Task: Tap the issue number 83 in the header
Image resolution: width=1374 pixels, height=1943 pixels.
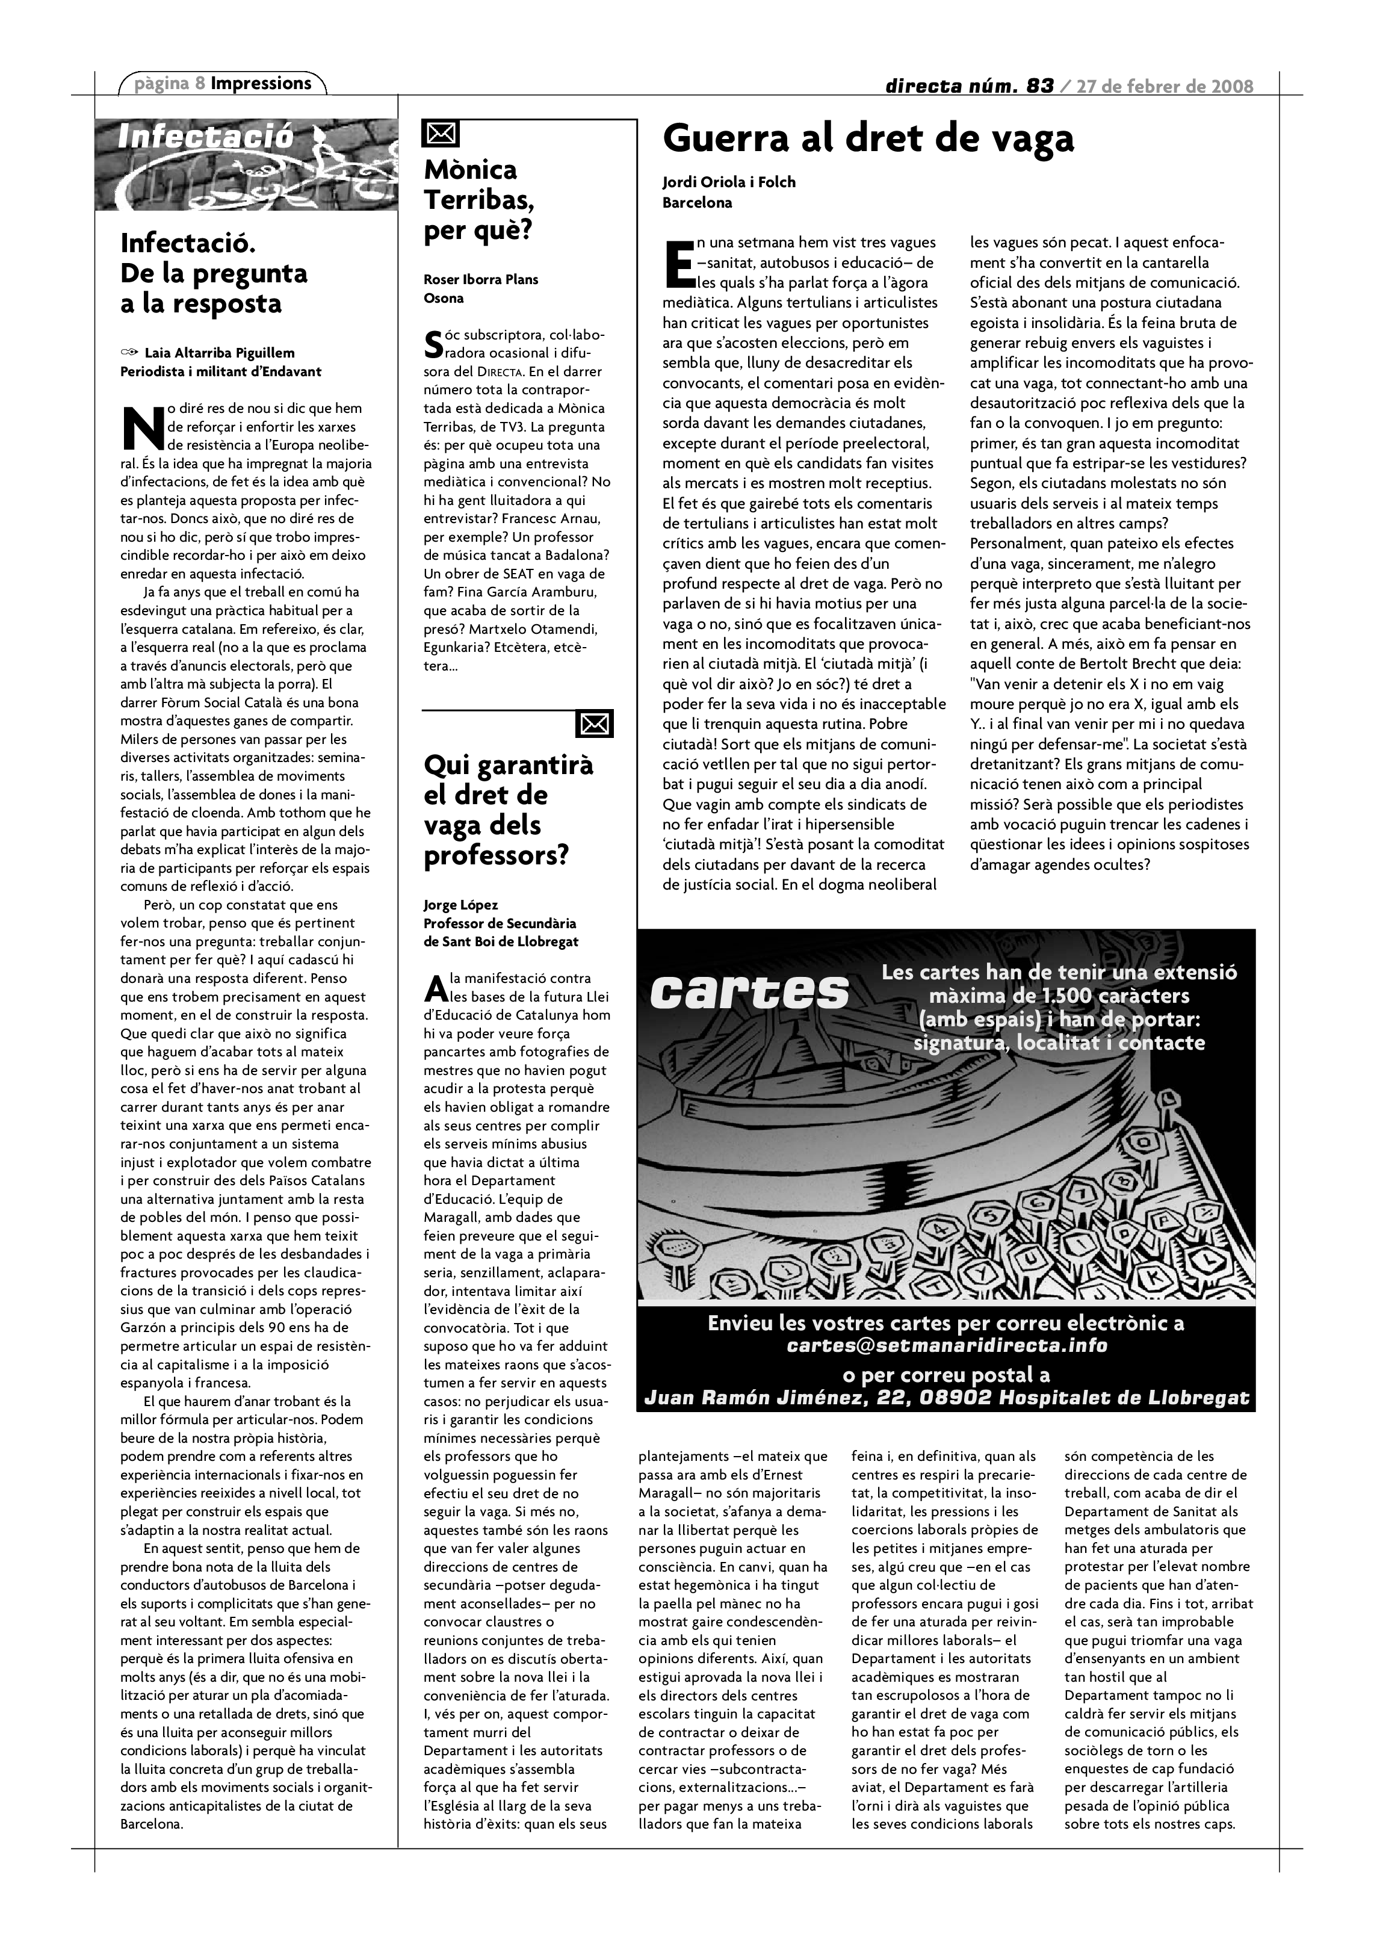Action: (x=1039, y=85)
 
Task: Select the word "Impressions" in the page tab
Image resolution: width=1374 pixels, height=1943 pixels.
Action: (x=261, y=83)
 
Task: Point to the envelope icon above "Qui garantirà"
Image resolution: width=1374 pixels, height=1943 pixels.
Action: (x=594, y=724)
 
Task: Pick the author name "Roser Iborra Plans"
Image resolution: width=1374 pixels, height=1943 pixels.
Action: (x=480, y=279)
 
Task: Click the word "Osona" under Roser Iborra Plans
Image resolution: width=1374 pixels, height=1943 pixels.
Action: (x=444, y=298)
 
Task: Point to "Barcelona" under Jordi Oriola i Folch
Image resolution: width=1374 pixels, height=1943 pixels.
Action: (x=696, y=203)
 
